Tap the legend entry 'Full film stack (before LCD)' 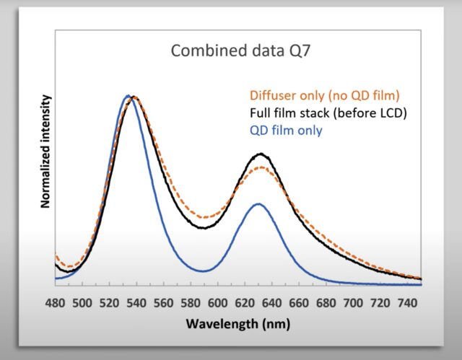click(328, 113)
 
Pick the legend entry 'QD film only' click(286, 130)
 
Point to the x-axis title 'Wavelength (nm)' click(237, 323)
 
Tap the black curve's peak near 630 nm click(261, 154)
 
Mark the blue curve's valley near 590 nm click(206, 271)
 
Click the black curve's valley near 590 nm click(204, 228)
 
